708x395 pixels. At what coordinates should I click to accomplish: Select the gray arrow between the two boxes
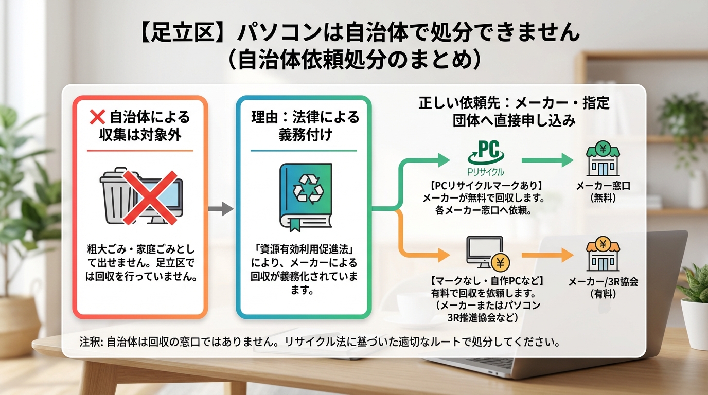coord(220,209)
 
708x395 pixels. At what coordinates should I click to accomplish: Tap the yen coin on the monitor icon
coord(500,263)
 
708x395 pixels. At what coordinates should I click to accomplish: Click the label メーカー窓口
coord(603,187)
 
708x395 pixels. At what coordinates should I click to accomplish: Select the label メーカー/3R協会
coord(603,282)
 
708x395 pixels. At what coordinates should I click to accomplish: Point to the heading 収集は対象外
coord(140,135)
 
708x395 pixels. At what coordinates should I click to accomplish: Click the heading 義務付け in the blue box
coord(304,135)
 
